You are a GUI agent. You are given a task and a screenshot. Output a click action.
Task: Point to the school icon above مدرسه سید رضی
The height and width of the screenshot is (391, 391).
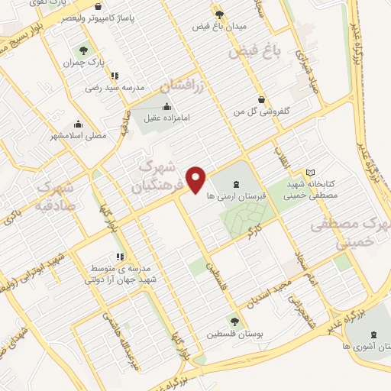tap(115, 75)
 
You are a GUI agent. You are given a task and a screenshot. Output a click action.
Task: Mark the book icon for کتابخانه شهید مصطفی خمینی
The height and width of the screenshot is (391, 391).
tap(309, 172)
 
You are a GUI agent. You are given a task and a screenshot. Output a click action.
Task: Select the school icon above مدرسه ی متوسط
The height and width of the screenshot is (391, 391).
tap(118, 257)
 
